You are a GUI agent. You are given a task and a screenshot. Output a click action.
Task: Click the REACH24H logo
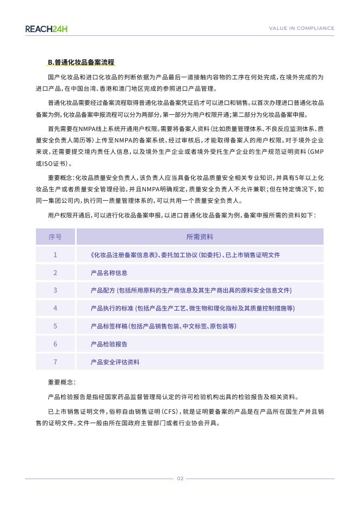coord(46,28)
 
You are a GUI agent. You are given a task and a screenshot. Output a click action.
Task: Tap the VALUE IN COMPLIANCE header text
coord(302,28)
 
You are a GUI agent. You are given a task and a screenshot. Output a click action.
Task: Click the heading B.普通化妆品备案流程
coord(81,63)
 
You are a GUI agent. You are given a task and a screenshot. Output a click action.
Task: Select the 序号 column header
coord(55,237)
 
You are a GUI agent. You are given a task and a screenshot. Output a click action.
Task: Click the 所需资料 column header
coord(200,237)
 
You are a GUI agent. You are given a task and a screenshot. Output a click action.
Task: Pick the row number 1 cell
coord(55,254)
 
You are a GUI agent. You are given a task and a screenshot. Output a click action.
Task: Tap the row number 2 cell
coord(55,272)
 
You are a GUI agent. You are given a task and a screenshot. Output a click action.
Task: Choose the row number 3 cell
coord(55,290)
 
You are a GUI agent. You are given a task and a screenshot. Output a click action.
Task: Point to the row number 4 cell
coord(55,308)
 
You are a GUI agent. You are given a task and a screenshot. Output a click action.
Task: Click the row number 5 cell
coord(55,326)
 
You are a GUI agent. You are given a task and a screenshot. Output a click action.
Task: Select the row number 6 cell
coord(55,344)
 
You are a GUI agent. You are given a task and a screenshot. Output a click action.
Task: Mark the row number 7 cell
coord(55,362)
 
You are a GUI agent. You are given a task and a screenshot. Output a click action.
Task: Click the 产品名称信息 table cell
coord(109,272)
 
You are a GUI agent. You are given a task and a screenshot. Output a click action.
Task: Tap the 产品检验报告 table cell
coord(109,344)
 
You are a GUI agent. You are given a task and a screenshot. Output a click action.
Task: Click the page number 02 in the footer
coord(180,479)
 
